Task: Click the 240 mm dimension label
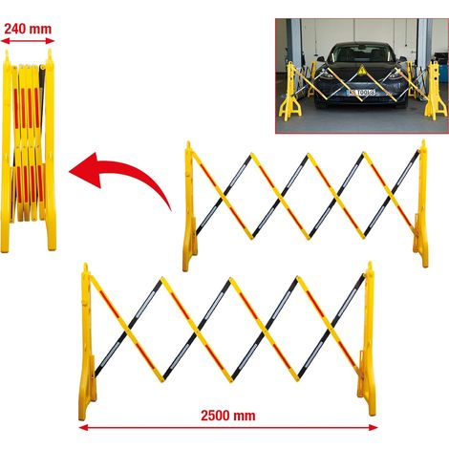pos(28,29)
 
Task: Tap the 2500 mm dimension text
pos(228,416)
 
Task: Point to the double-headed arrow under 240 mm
pos(28,41)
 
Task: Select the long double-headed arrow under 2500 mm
pos(228,427)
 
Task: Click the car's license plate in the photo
pos(361,93)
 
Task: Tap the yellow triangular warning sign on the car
pos(361,70)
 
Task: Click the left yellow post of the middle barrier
pos(189,206)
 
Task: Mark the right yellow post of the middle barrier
pos(421,203)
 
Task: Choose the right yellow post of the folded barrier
pos(51,150)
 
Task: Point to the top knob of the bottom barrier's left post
pos(85,267)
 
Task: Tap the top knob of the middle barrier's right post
pos(423,144)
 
